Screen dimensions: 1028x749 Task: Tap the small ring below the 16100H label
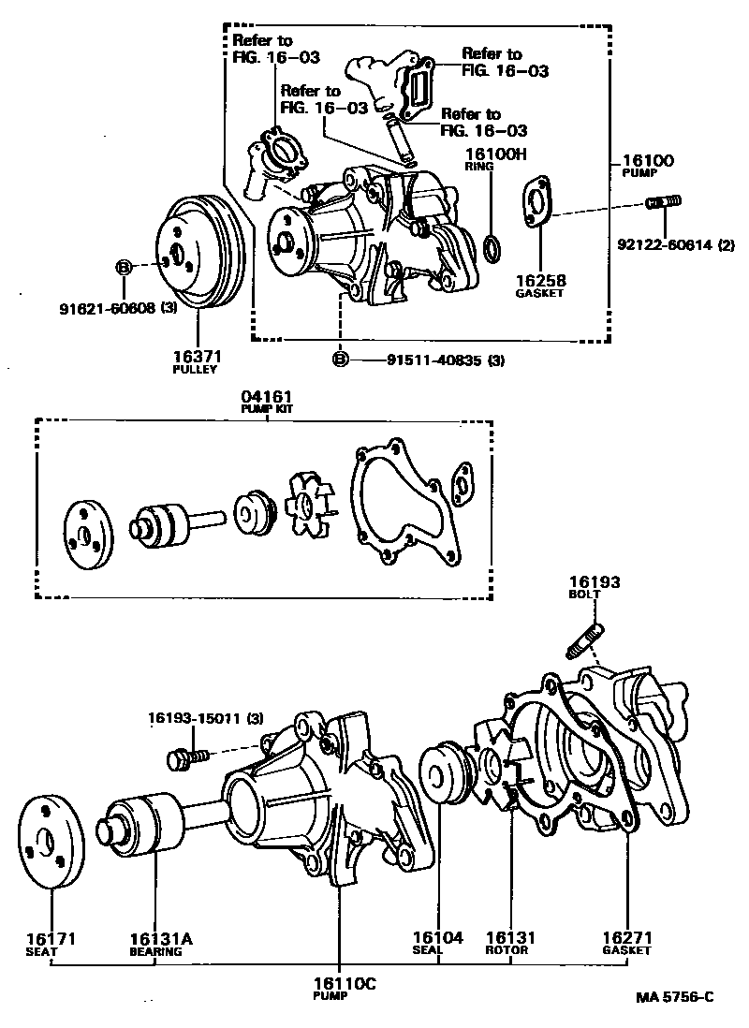point(494,247)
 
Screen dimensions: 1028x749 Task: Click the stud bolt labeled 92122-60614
point(664,201)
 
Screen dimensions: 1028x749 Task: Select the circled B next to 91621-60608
point(123,268)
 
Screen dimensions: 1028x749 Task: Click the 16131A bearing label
point(154,938)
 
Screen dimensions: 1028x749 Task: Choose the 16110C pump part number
point(337,983)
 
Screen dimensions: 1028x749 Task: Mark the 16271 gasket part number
point(626,936)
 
